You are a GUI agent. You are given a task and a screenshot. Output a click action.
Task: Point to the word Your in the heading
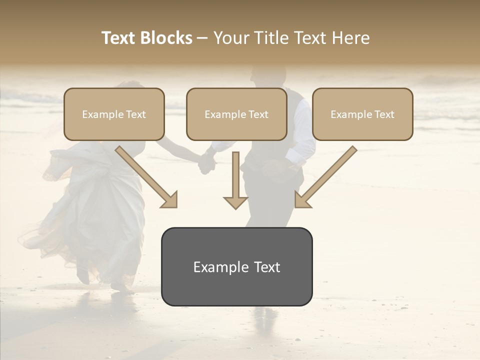coord(231,38)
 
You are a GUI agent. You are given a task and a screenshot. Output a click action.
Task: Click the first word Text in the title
coord(119,38)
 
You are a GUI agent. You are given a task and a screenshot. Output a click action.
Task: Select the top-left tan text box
coord(114,114)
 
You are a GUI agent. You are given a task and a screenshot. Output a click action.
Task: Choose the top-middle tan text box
coord(236,114)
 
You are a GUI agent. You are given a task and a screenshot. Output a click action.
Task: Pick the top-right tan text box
coord(362,114)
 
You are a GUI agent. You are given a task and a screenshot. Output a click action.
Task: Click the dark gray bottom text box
coord(236,266)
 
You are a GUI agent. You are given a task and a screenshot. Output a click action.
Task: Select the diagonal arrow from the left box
coord(146,176)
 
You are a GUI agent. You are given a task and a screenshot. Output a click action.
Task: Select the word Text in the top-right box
coord(384,114)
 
